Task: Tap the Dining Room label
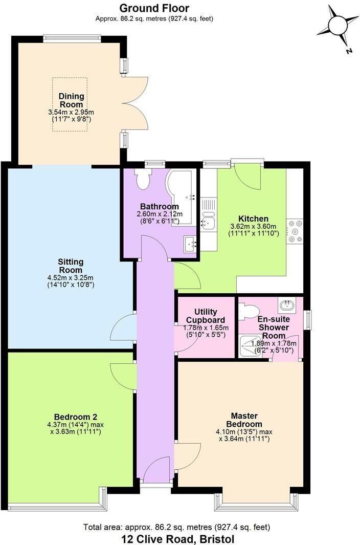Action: click(71, 100)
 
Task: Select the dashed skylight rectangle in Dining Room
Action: click(70, 104)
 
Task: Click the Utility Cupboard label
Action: click(206, 316)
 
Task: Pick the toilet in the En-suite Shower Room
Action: click(250, 312)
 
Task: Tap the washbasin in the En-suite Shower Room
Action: click(287, 307)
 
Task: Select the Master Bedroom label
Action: click(243, 420)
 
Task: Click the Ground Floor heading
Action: click(154, 8)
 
